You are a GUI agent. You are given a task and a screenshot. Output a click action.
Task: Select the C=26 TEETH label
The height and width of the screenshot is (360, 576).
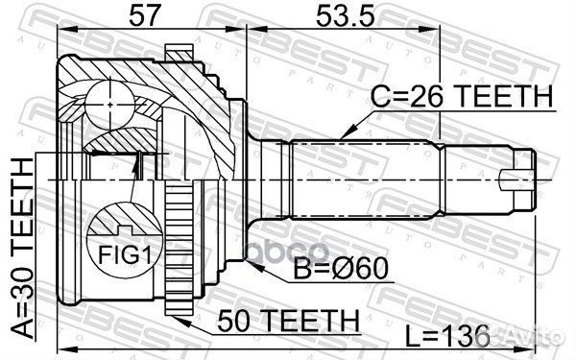460,96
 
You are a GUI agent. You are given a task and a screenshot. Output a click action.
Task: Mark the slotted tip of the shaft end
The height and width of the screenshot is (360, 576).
521,179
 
